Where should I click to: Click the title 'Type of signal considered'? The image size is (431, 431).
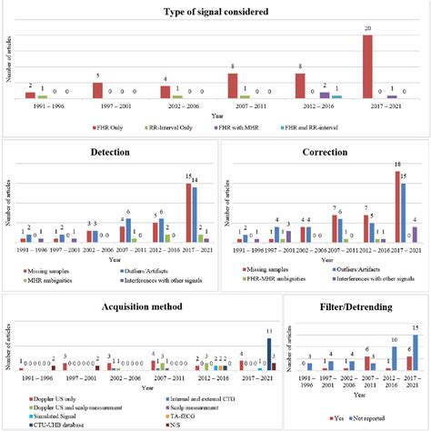215,12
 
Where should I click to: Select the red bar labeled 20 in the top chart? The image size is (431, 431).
367,65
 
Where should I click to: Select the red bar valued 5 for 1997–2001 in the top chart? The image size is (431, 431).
97,90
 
